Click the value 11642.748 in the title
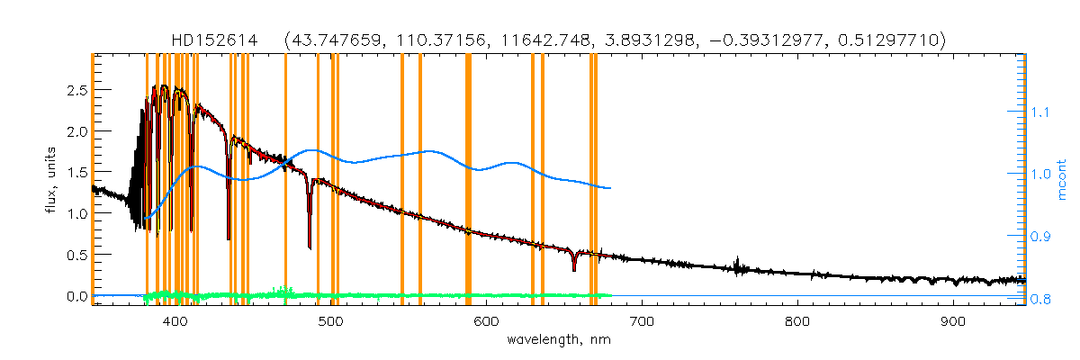click(x=514, y=40)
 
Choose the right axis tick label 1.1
click(x=1041, y=112)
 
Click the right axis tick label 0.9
click(x=1041, y=236)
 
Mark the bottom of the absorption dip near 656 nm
click(x=573, y=269)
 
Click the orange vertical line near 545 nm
click(x=401, y=180)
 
